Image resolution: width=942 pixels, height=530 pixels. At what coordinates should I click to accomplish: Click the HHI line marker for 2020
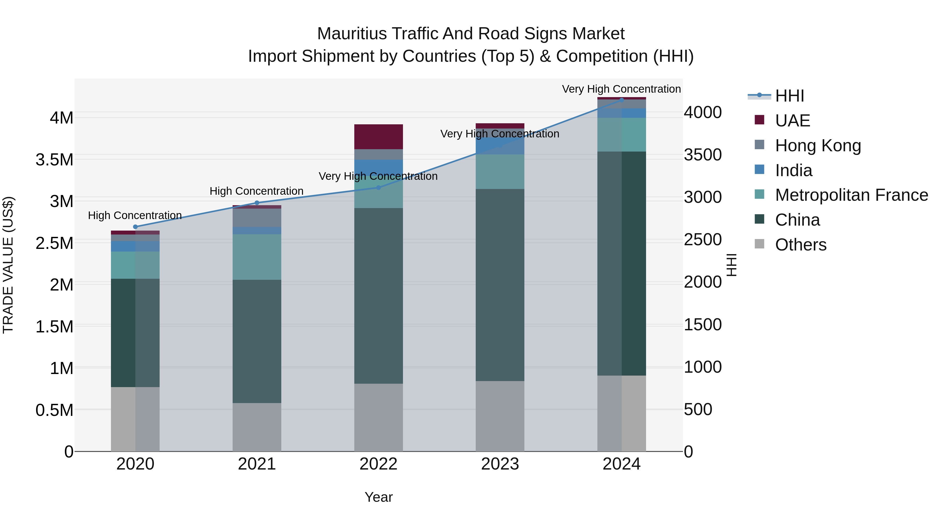coord(135,227)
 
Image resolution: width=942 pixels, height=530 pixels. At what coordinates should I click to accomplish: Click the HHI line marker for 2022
coord(378,188)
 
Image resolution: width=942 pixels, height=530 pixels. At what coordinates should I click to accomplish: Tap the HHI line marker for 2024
coord(622,100)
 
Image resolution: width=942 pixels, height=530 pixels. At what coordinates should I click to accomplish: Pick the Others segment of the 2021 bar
coord(257,427)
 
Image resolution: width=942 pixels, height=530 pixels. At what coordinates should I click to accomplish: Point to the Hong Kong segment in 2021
coord(257,218)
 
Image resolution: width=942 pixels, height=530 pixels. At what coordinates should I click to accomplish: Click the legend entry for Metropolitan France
coord(851,195)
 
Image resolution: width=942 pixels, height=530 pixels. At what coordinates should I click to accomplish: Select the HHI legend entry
coord(789,96)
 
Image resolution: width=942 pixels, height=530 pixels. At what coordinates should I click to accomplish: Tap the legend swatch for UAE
coord(760,120)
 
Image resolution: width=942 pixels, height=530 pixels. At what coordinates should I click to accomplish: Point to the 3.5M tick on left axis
coord(54,160)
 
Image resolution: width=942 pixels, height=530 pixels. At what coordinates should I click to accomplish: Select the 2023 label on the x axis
coord(500,464)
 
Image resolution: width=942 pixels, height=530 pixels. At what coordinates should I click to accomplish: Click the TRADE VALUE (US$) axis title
coord(8,265)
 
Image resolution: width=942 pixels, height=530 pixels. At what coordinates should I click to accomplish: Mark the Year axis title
coord(378,497)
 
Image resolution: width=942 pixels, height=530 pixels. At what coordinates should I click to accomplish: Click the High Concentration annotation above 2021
coord(256,191)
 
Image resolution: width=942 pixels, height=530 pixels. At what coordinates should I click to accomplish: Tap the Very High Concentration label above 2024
coord(621,89)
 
